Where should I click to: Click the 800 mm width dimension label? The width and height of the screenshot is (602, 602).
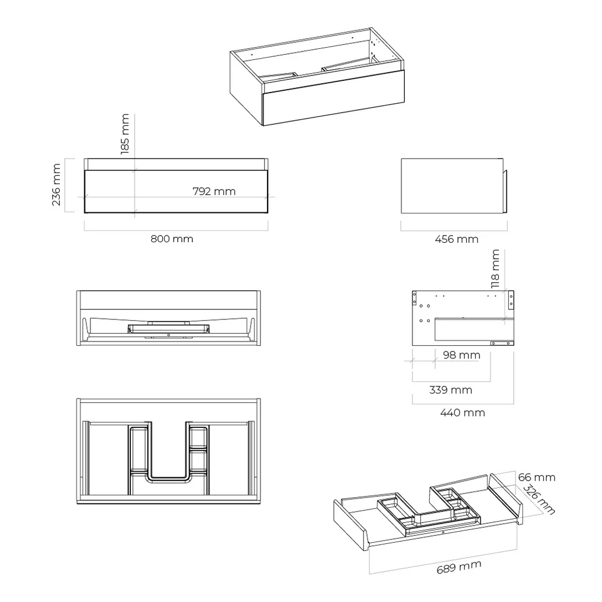(172, 239)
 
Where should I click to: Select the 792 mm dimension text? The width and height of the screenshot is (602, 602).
(214, 191)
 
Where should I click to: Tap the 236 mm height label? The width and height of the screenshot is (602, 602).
(56, 185)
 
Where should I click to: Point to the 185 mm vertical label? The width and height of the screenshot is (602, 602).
(125, 134)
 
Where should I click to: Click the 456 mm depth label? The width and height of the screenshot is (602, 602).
(457, 239)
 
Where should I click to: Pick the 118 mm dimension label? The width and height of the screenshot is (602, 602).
(495, 269)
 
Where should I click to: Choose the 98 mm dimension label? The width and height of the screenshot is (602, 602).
(462, 355)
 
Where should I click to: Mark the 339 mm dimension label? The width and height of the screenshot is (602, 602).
(451, 390)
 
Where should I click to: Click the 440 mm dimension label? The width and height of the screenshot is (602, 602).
(463, 413)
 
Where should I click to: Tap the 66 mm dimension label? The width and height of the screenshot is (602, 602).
(537, 477)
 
